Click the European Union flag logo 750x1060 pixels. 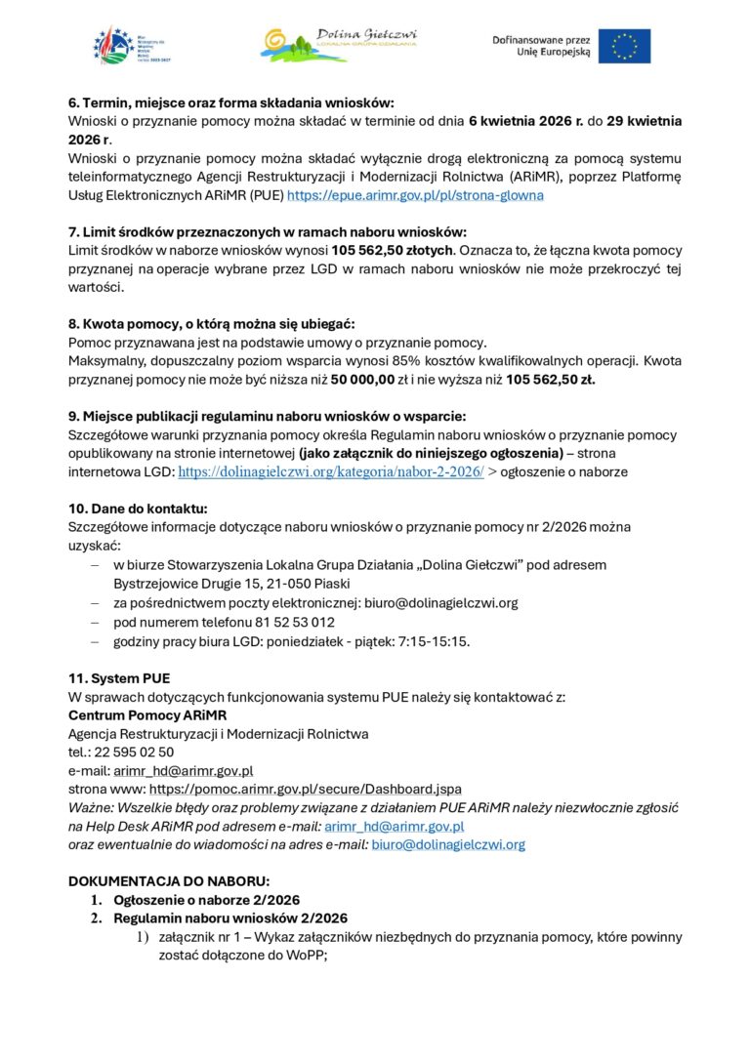tap(625, 45)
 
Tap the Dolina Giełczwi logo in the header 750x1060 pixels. tap(339, 44)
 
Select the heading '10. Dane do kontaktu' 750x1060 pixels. tap(138, 509)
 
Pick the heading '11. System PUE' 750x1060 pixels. tap(119, 677)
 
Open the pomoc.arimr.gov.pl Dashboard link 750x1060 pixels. tap(305, 789)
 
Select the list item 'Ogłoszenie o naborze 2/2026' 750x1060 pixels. tap(206, 900)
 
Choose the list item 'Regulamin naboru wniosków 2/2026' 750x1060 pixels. tap(229, 918)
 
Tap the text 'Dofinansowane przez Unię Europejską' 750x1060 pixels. tap(541, 45)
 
